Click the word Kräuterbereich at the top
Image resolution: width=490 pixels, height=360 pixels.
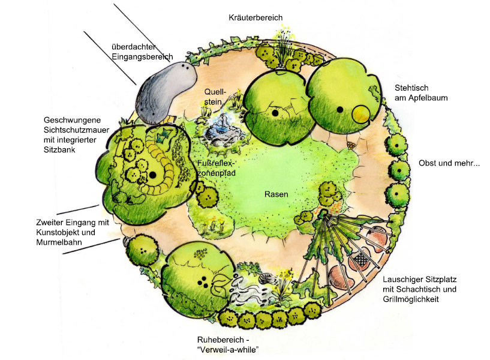(x=255, y=17)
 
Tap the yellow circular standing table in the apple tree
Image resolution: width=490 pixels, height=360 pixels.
(x=361, y=114)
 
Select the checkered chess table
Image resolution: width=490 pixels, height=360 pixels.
(x=363, y=259)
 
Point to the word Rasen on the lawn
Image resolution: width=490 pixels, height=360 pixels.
(x=276, y=194)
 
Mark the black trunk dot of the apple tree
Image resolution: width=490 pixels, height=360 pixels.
(x=339, y=110)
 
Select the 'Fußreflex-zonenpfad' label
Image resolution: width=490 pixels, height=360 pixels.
(x=216, y=168)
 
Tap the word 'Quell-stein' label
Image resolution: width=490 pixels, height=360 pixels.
(x=215, y=98)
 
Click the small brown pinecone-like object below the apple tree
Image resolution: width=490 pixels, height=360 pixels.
(x=351, y=145)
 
